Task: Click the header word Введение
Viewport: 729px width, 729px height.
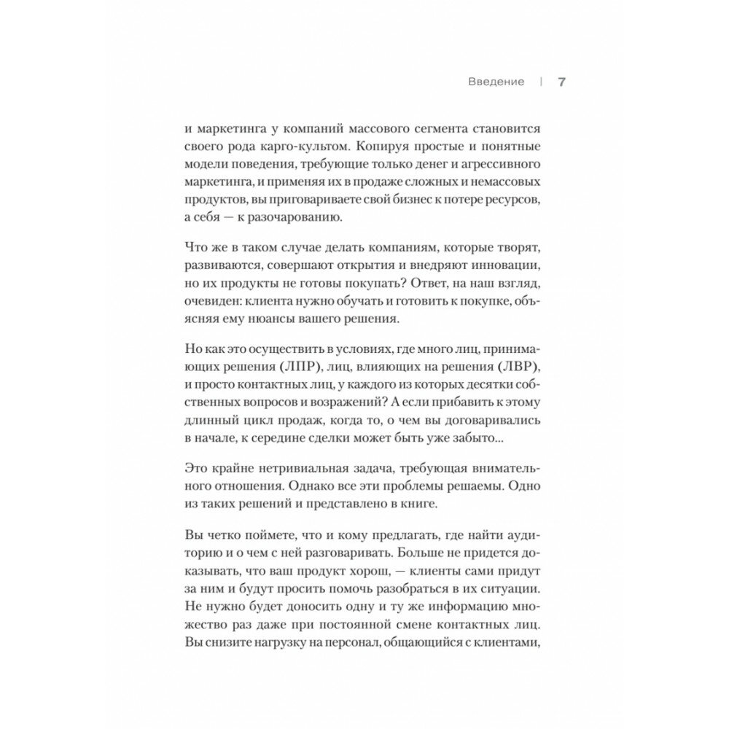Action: point(496,82)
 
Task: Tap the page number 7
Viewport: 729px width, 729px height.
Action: point(562,82)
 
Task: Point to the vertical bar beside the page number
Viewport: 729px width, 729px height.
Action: point(540,82)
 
